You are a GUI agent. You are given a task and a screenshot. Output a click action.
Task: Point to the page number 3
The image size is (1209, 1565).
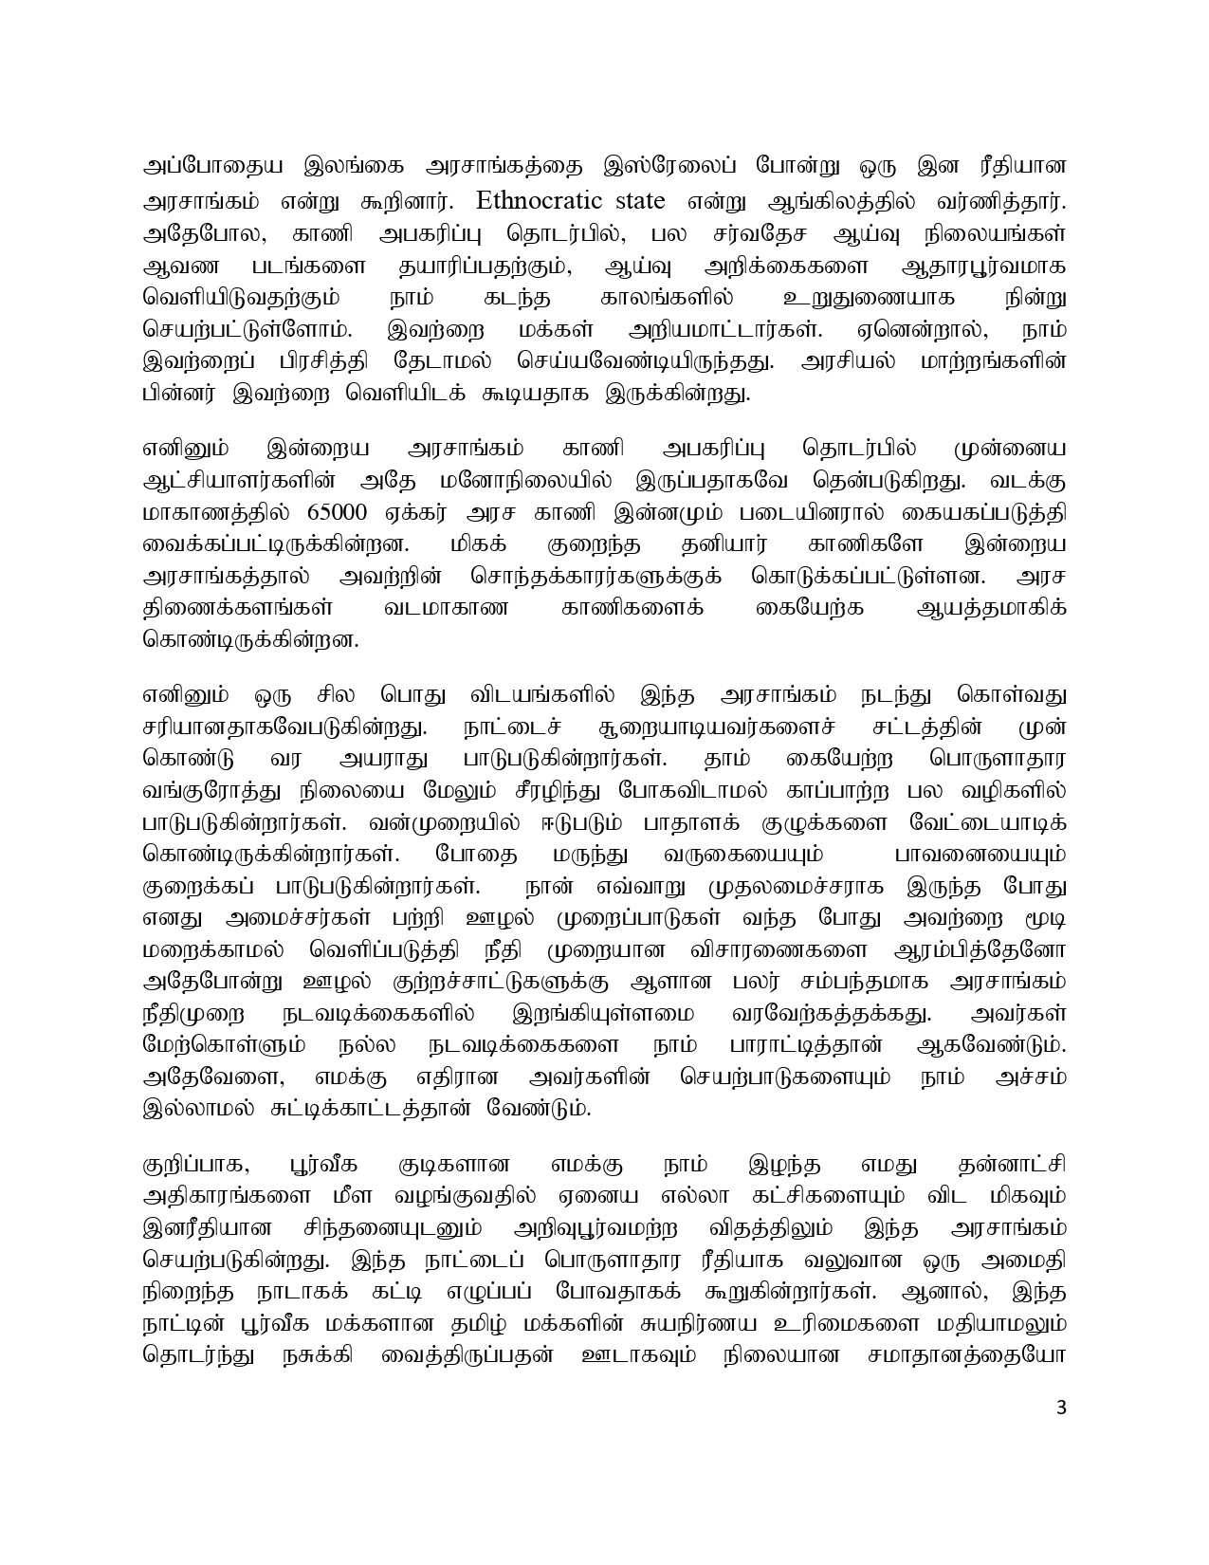(x=1061, y=1433)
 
